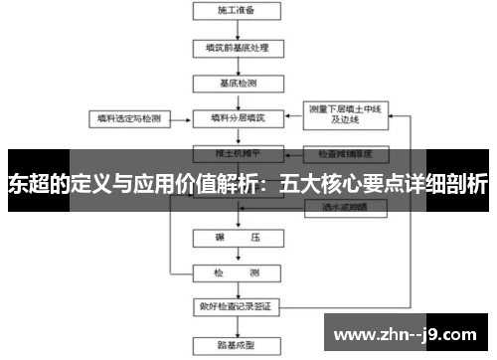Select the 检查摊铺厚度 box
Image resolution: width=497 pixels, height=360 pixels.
[344, 155]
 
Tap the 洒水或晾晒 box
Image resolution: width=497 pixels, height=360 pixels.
[344, 207]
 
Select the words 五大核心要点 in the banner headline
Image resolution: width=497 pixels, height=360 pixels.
[337, 184]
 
